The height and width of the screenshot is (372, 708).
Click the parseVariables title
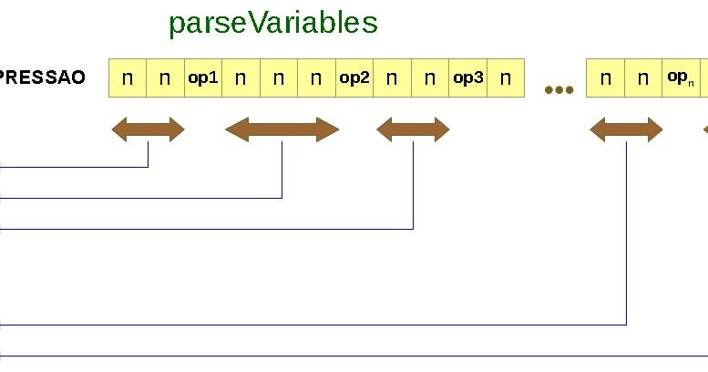272,23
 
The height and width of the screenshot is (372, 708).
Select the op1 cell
203,77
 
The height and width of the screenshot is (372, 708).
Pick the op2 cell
354,77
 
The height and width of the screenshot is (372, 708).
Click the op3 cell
467,77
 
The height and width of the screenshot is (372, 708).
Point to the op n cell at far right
680,77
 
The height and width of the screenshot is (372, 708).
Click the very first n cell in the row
128,77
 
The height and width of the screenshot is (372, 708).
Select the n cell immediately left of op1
165,77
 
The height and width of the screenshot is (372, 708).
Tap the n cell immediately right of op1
241,77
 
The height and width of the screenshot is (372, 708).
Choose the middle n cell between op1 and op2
279,77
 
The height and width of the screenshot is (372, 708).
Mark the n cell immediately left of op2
316,77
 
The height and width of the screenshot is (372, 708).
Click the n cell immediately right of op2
392,77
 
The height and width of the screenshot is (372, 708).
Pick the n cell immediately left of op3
430,77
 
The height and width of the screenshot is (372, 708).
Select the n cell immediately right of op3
506,77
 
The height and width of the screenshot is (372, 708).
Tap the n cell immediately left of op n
643,77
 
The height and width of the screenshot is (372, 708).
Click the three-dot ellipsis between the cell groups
559,89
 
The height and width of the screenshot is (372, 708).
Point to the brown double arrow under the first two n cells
148,130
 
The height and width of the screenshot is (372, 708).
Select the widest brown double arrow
282,130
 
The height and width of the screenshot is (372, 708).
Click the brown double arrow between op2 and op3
413,130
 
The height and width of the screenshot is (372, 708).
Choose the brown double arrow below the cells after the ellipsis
626,130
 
